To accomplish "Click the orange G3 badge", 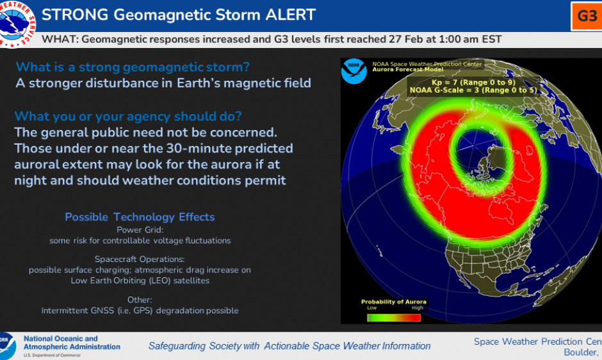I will coord(587,16).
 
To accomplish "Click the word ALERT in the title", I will coord(282,14).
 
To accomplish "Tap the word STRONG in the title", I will coord(73,14).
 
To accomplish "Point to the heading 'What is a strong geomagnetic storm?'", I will coord(133,67).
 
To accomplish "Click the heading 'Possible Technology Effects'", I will coord(140,217).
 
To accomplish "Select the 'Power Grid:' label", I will coord(140,230).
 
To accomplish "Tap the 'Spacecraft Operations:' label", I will coord(140,259).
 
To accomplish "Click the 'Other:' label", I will coord(140,300).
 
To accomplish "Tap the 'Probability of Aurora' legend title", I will coord(393,302).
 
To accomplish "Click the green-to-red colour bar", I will coord(393,316).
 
